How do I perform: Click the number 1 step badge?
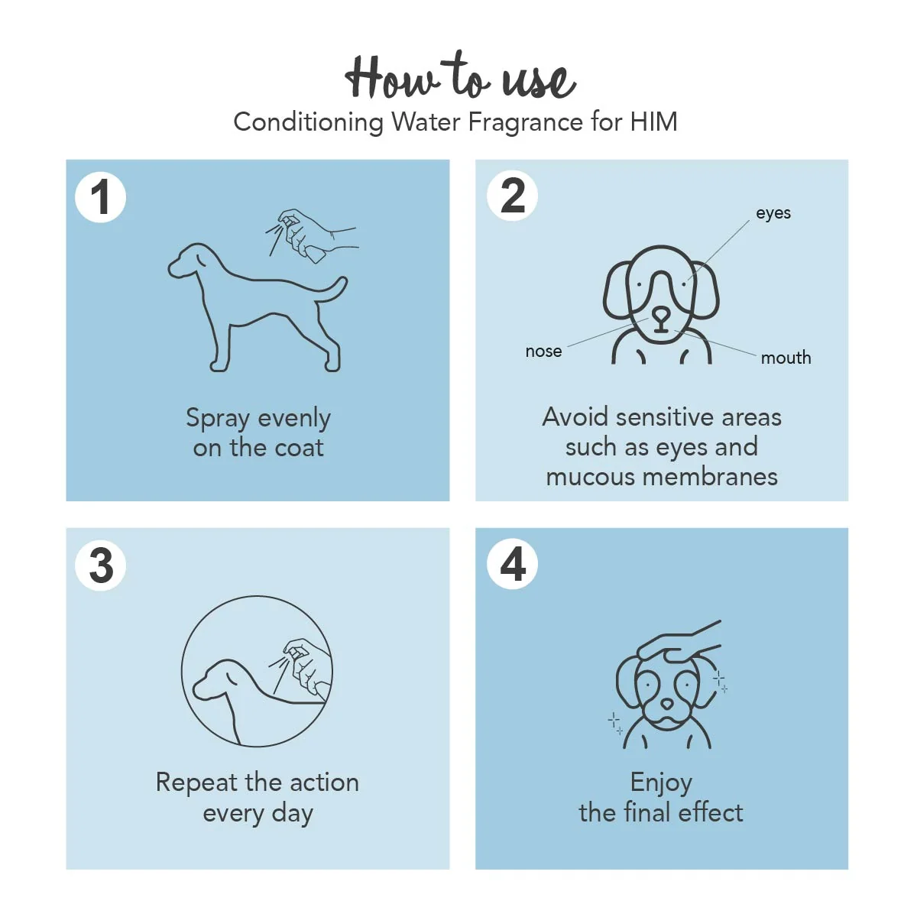100,197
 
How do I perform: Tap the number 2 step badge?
512,196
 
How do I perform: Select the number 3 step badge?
100,565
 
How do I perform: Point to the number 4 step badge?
512,564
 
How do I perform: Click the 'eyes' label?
773,213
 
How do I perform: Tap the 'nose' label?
543,352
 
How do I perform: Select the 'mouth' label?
786,358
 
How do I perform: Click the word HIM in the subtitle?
653,122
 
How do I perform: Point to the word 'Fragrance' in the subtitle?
525,123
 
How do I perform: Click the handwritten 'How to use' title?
460,76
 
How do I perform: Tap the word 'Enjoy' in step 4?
660,784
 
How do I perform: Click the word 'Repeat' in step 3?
196,784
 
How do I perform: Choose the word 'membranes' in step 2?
710,477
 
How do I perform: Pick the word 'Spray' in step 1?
218,420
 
